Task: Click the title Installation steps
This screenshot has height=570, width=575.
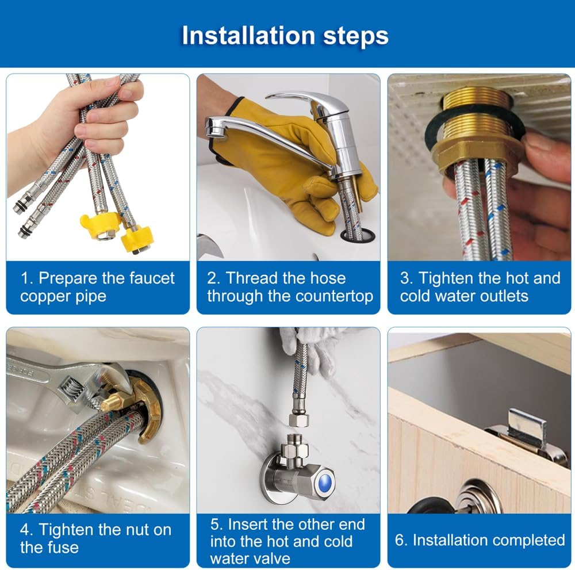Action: pyautogui.click(x=285, y=35)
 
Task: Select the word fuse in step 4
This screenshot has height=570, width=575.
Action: pyautogui.click(x=63, y=547)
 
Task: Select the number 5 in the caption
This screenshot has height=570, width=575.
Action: pyautogui.click(x=215, y=525)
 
